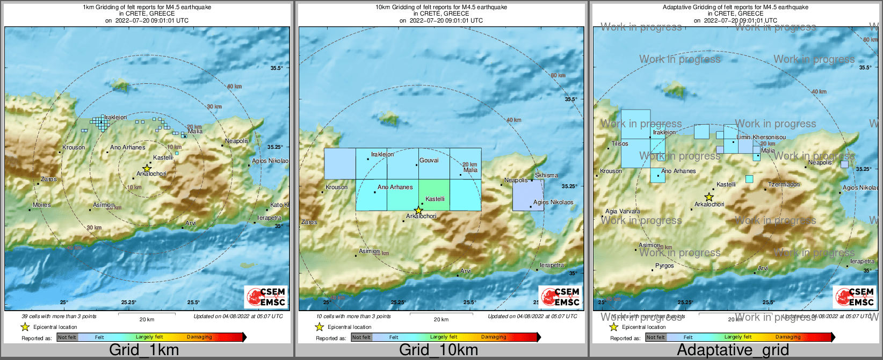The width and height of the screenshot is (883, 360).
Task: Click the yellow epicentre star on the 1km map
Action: click(x=147, y=168)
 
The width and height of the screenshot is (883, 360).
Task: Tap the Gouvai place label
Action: click(x=429, y=160)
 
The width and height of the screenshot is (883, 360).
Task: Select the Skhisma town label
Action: click(x=546, y=175)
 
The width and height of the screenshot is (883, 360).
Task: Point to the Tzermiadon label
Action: click(x=784, y=184)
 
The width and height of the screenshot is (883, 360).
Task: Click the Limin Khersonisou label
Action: click(x=761, y=137)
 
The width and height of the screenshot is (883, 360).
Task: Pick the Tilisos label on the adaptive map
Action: click(x=620, y=143)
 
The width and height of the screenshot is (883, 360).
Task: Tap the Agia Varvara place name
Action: click(x=623, y=211)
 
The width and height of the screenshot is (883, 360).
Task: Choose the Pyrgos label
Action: click(x=664, y=265)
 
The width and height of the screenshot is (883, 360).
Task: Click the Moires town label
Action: click(x=42, y=205)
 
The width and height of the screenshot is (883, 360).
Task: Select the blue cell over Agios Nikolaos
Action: click(x=528, y=195)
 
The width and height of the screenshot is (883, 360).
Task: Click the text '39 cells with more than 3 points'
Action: click(x=59, y=316)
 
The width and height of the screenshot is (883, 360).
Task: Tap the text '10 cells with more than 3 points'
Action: click(x=353, y=316)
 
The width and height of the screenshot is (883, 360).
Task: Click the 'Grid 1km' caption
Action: click(x=144, y=350)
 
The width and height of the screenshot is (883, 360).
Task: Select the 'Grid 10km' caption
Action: click(x=438, y=350)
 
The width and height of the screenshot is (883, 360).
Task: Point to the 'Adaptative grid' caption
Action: click(x=733, y=350)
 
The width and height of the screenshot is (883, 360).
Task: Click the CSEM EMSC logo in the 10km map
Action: click(x=560, y=297)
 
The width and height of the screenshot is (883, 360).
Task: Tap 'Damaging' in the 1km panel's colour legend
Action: click(x=199, y=337)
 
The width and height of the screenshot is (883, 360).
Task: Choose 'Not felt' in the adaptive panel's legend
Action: click(x=655, y=337)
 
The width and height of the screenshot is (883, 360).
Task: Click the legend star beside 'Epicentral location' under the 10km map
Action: click(x=319, y=327)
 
